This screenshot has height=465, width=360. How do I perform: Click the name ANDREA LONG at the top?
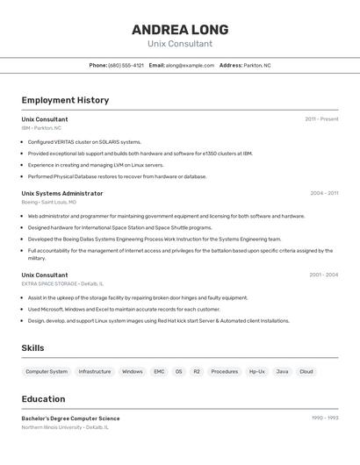[180, 30]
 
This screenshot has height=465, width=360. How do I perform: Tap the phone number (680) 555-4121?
[126, 65]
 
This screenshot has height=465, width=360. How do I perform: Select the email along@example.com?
[190, 65]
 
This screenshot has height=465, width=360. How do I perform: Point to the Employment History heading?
[65, 100]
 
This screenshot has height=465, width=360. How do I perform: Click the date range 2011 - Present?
[321, 119]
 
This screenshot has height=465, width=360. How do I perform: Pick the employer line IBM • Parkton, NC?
[41, 128]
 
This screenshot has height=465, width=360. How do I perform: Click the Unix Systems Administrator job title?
[62, 193]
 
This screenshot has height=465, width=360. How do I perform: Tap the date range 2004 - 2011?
[324, 193]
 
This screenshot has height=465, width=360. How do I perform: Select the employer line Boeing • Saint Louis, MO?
[48, 202]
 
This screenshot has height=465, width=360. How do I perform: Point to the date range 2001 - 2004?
[323, 275]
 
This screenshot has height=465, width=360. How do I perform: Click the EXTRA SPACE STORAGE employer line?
[62, 283]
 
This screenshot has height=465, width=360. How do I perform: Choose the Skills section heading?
[33, 348]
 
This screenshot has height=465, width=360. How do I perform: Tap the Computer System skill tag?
[47, 371]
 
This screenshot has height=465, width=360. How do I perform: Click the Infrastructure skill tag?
[95, 371]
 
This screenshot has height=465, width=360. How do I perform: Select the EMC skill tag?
[159, 371]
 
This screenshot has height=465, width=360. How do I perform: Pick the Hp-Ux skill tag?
[256, 371]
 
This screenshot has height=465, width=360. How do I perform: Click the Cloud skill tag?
[306, 371]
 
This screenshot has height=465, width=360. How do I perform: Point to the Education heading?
[43, 399]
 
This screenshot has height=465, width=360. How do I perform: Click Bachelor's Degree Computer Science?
[70, 418]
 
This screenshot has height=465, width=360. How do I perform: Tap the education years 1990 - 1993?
[324, 418]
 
